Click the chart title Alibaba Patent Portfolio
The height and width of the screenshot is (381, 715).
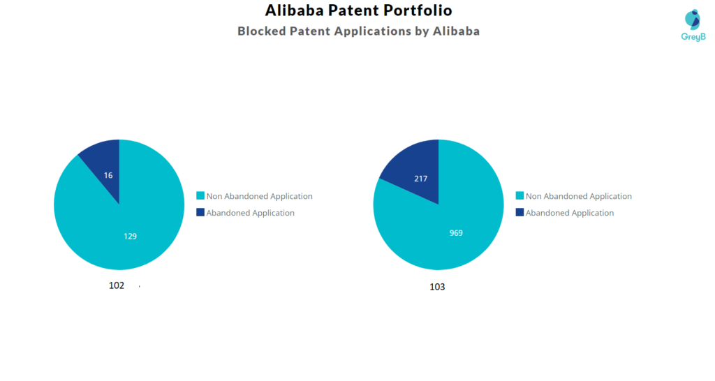point(358,10)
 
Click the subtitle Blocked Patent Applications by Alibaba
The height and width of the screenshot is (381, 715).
point(358,31)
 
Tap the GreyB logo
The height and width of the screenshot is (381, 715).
point(693,25)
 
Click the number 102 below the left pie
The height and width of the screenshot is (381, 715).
point(117,285)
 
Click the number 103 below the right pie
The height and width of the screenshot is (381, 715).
point(437,287)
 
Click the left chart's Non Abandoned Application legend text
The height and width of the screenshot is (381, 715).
point(259,197)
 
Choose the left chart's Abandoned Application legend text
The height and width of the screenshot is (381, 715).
point(250,213)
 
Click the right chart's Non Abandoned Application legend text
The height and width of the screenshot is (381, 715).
point(578,197)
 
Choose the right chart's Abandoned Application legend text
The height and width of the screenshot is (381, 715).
point(569,213)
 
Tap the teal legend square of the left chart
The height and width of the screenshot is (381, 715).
point(200,197)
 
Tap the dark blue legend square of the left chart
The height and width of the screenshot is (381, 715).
point(200,213)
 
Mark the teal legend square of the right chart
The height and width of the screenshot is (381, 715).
point(519,197)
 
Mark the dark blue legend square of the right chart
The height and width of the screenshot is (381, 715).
point(519,213)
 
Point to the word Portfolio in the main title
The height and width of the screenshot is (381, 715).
point(420,10)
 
